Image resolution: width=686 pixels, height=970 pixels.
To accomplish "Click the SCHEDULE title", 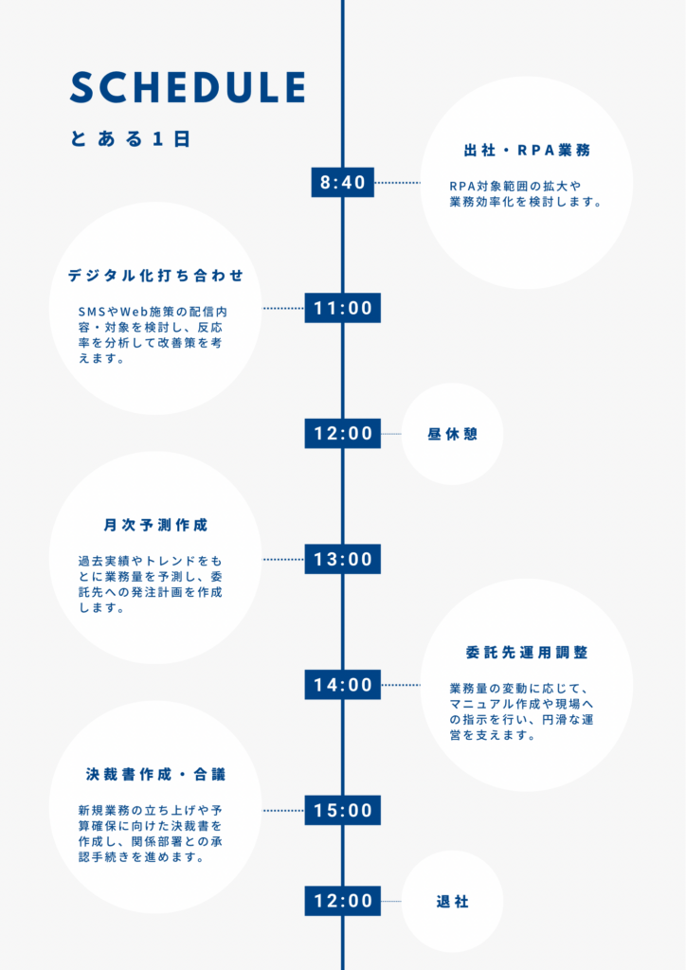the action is click(188, 86).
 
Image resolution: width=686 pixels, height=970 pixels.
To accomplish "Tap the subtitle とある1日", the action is click(130, 138).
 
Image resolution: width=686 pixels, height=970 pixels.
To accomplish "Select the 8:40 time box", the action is click(343, 183).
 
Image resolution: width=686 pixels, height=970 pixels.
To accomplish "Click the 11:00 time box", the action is click(343, 308).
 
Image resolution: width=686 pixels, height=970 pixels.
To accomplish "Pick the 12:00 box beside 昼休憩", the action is click(343, 434).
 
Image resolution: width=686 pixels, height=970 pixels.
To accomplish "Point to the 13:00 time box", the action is click(343, 559).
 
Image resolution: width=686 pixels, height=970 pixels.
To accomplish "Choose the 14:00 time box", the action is click(343, 685).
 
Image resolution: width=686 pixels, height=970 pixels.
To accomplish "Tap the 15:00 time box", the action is click(343, 811).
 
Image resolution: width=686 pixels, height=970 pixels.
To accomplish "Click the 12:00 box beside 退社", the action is click(343, 901).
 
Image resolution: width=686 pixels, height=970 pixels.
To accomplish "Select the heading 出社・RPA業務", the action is click(527, 151).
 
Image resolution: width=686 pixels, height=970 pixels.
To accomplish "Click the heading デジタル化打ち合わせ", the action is click(156, 276).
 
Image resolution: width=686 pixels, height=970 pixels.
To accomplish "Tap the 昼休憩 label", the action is click(452, 434).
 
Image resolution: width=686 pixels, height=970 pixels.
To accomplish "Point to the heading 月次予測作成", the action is click(156, 525).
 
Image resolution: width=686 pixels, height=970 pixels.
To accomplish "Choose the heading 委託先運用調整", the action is click(527, 653).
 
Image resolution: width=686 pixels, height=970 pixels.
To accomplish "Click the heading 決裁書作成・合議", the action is click(156, 775).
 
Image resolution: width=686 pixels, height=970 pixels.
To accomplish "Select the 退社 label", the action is click(452, 902).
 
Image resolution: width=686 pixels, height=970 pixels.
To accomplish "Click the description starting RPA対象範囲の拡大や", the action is click(526, 193).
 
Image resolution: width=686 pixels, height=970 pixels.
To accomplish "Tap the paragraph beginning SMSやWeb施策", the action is click(153, 334).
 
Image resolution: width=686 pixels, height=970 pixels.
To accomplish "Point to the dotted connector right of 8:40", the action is click(397, 183).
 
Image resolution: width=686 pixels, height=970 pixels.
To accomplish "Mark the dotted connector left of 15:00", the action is click(284, 811).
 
